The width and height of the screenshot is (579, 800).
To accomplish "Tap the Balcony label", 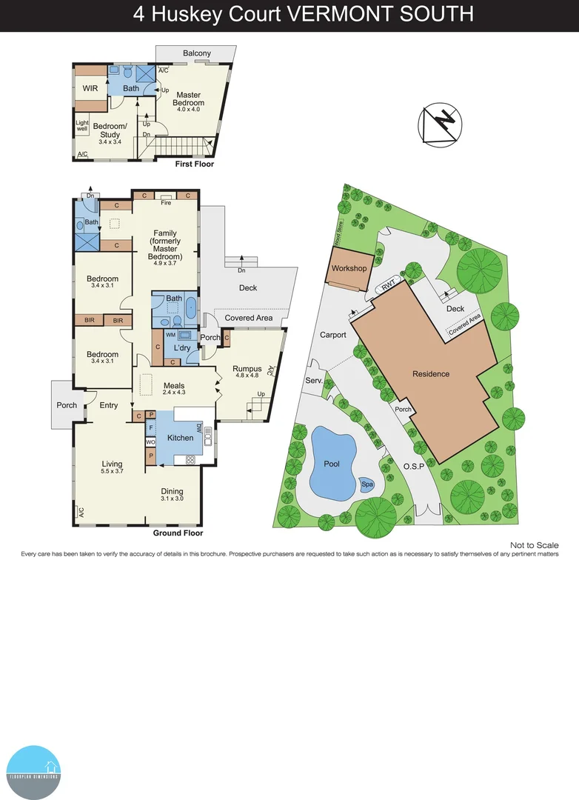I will (197, 53).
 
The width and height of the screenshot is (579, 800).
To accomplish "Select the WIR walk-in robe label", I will (90, 88).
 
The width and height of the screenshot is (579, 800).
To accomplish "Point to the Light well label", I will (81, 126).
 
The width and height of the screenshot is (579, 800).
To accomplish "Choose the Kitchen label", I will (180, 438).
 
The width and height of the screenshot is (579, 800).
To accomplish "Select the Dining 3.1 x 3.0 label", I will (172, 495).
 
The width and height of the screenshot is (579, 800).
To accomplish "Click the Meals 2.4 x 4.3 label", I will (174, 388).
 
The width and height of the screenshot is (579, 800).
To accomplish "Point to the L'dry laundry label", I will (183, 348).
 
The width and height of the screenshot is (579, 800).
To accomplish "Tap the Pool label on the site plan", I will (332, 464).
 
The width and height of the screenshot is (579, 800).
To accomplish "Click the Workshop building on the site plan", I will (349, 268).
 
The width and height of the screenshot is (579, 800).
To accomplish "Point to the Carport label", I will (333, 335).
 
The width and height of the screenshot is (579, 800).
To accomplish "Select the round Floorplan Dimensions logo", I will (33, 773).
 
